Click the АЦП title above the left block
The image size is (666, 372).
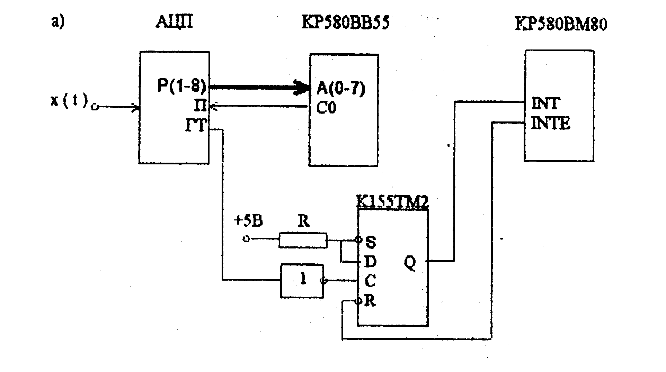[x=174, y=22]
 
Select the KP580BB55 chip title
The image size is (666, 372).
[x=345, y=23]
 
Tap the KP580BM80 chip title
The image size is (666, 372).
[x=561, y=24]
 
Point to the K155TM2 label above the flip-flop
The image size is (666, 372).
[x=392, y=203]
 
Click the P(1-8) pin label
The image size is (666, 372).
[x=182, y=86]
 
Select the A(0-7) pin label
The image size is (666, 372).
[x=341, y=90]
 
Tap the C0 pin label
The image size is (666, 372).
[x=326, y=108]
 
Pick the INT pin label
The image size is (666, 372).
[x=545, y=103]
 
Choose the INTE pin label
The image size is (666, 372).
[x=550, y=124]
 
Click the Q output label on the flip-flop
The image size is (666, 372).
[x=410, y=264]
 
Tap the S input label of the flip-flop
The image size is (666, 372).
[x=371, y=242]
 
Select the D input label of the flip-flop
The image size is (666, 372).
[x=371, y=262]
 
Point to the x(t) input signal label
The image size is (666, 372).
[x=69, y=101]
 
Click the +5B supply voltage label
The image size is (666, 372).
[x=248, y=221]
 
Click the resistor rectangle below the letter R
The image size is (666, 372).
[x=303, y=240]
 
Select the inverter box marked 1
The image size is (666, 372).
[x=302, y=281]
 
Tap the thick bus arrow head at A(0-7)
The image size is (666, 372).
[x=302, y=87]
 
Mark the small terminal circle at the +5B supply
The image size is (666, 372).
[x=246, y=239]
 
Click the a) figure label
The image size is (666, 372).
[x=58, y=22]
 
